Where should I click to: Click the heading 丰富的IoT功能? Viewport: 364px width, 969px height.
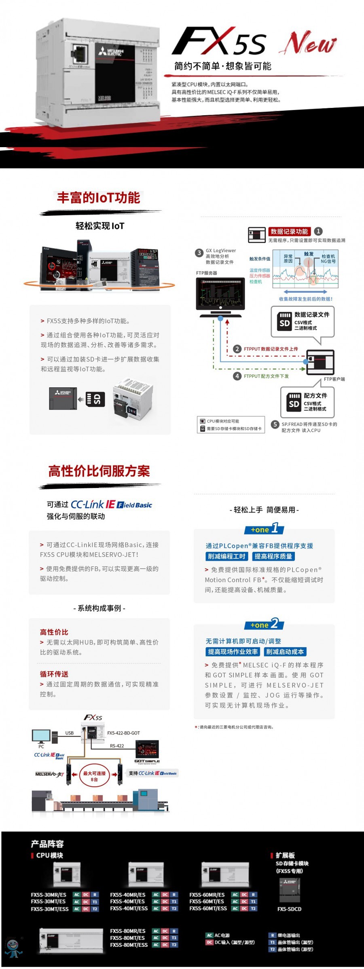pyautogui.click(x=99, y=198)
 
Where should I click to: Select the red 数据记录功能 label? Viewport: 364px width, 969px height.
pyautogui.click(x=289, y=232)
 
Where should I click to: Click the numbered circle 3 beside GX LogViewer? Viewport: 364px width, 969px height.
pyautogui.click(x=199, y=253)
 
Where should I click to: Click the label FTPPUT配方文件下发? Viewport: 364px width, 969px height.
pyautogui.click(x=266, y=376)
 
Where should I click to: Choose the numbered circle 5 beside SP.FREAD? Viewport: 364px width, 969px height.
pyautogui.click(x=275, y=424)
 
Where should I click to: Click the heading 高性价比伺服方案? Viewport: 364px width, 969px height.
pyautogui.click(x=99, y=471)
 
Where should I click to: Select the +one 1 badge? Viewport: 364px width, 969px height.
pyautogui.click(x=264, y=529)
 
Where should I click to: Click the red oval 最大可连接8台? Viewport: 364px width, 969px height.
pyautogui.click(x=94, y=775)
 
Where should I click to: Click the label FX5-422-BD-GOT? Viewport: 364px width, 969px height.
pyautogui.click(x=123, y=733)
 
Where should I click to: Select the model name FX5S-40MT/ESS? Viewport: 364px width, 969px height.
pyautogui.click(x=129, y=908)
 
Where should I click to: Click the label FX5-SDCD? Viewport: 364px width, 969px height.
pyautogui.click(x=289, y=909)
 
